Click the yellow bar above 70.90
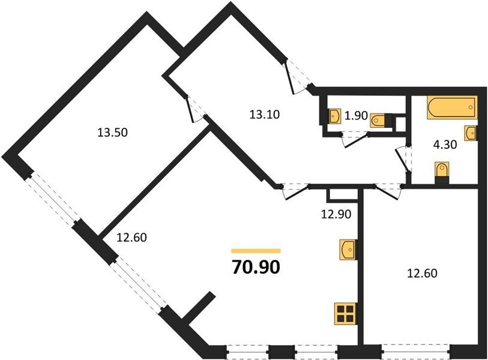coord(256,251)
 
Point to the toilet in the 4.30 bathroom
coord(442,170)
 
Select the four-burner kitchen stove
coord(346,314)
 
